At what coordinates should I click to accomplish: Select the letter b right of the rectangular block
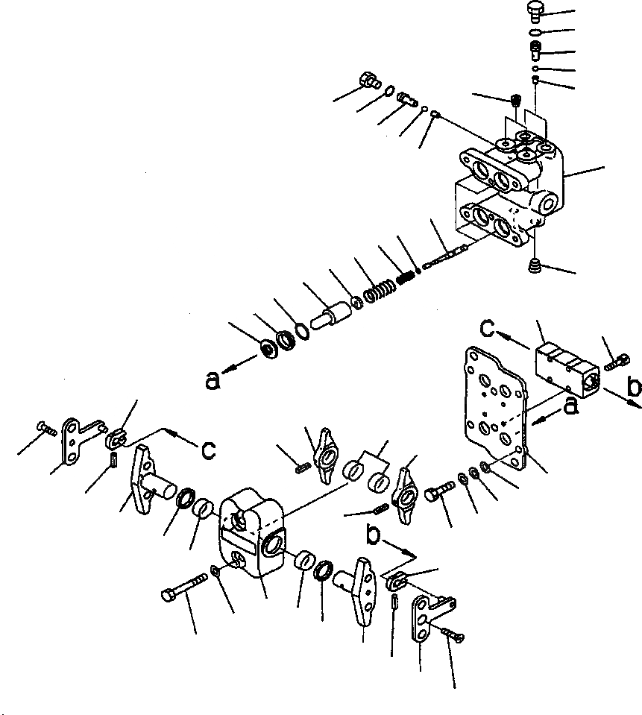(634, 388)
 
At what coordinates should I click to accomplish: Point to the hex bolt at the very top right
(531, 10)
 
